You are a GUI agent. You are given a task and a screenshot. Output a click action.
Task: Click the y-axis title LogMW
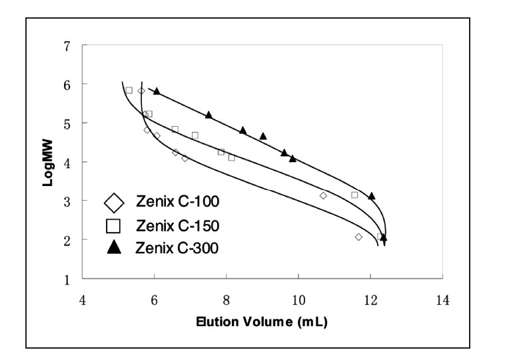pyautogui.click(x=48, y=161)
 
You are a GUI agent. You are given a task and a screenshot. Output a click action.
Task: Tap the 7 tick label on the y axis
pyautogui.click(x=67, y=45)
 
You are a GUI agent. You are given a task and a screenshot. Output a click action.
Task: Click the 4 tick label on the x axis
pyautogui.click(x=83, y=300)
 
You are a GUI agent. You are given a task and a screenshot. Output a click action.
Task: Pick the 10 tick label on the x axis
pyautogui.click(x=298, y=300)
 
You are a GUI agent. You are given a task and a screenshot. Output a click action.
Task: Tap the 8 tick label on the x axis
pyautogui.click(x=227, y=300)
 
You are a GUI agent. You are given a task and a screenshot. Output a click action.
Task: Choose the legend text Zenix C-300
pyautogui.click(x=178, y=247)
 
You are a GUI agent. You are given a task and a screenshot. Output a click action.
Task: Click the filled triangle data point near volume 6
pyautogui.click(x=157, y=91)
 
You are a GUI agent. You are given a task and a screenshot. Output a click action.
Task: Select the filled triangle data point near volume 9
pyautogui.click(x=263, y=136)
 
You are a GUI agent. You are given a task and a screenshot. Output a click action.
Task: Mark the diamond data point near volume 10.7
pyautogui.click(x=324, y=195)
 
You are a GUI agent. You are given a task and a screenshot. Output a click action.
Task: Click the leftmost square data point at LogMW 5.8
pyautogui.click(x=129, y=90)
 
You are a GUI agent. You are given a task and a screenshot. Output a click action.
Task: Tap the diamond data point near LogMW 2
pyautogui.click(x=359, y=237)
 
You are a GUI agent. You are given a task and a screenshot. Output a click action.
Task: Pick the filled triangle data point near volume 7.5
pyautogui.click(x=209, y=115)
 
